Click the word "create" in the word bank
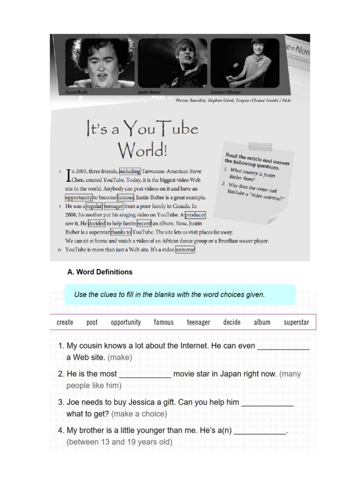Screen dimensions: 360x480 coord(65,322)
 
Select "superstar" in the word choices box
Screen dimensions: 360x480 coord(296,322)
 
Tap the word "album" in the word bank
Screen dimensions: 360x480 coord(262,322)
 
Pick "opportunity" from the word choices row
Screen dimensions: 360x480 coord(126,322)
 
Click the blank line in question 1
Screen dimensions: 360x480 coord(284,349)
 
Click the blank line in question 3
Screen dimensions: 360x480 coord(268,405)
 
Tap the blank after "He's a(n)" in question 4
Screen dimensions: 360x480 coord(260,434)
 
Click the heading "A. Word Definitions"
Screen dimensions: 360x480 coord(100,272)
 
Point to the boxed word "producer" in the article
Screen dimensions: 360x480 coord(195,215)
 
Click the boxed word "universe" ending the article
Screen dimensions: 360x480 coord(185,250)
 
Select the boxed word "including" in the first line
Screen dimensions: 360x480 coord(130,171)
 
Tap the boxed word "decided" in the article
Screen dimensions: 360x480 coord(97,224)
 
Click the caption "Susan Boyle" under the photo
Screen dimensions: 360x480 coord(76,92)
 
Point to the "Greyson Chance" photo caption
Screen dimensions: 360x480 coord(225,92)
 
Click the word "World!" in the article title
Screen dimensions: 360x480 coord(142,150)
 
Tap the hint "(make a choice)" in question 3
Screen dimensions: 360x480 coord(139,414)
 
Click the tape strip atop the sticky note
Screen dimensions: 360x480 coord(260,147)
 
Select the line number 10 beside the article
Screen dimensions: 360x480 coord(59,250)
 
